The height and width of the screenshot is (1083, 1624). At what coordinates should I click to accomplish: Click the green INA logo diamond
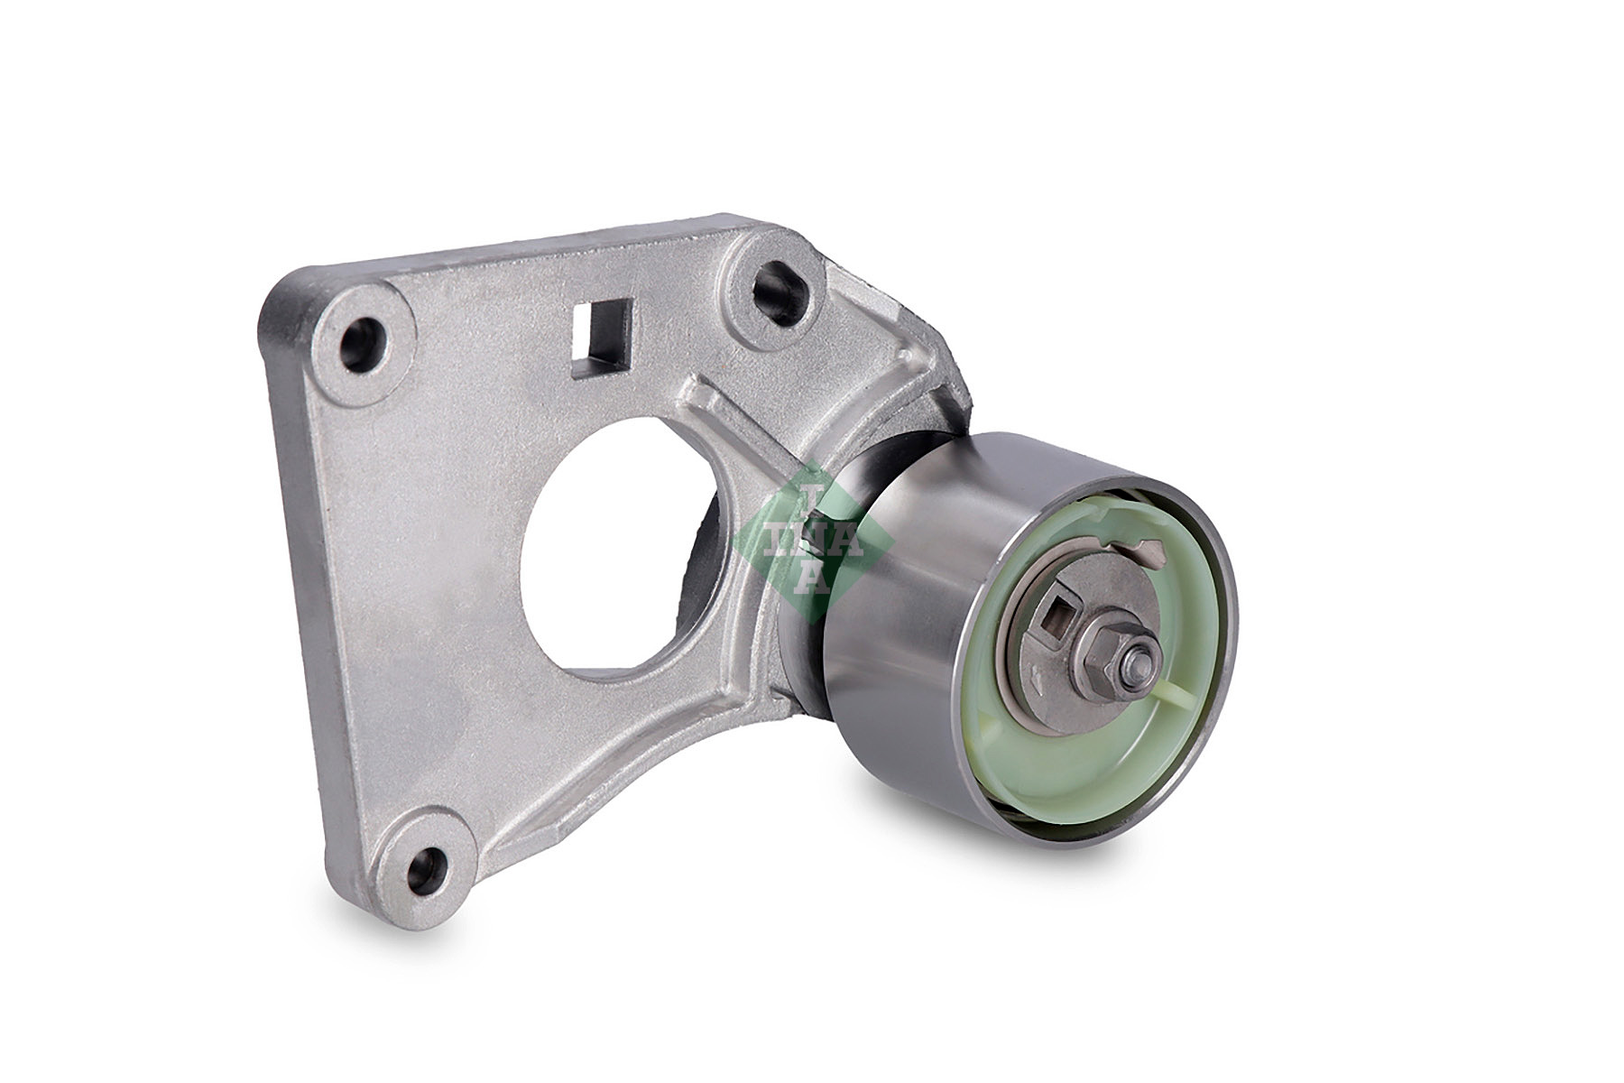tap(812, 542)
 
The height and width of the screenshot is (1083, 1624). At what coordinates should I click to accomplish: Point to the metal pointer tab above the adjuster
tap(1138, 547)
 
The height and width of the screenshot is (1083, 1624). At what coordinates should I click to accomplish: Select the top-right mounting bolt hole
tap(771, 286)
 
